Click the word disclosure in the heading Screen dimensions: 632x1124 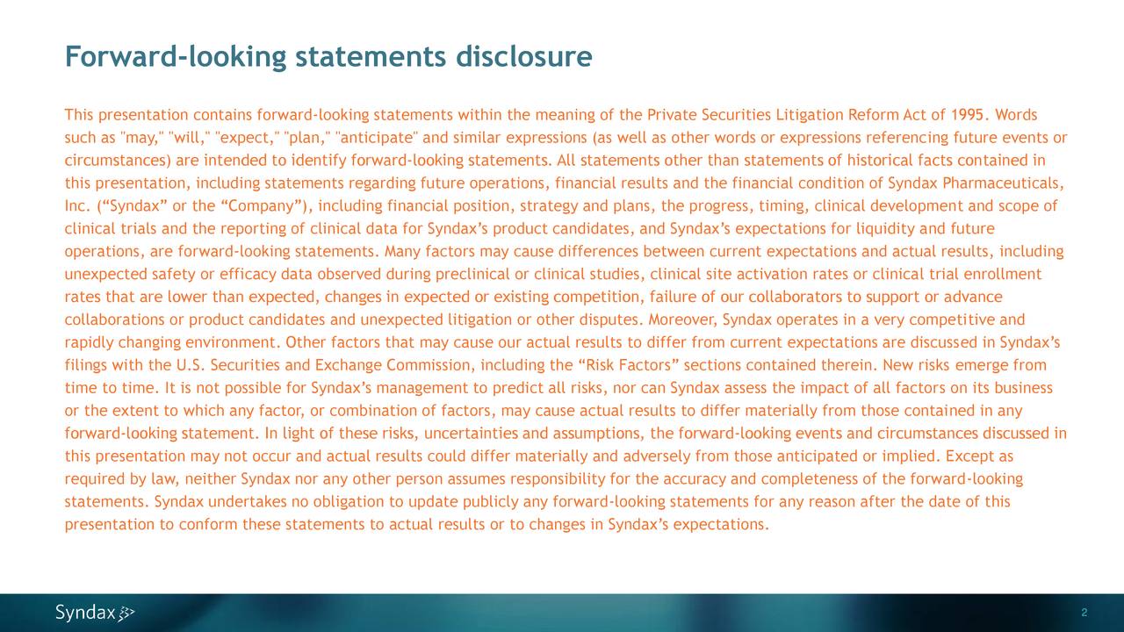pyautogui.click(x=524, y=57)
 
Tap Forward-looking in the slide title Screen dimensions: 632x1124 pyautogui.click(x=176, y=58)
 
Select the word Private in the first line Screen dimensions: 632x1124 pyautogui.click(x=672, y=116)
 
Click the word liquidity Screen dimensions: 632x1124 pyautogui.click(x=890, y=230)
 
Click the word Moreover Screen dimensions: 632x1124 pyautogui.click(x=682, y=320)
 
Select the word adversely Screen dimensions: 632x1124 pyautogui.click(x=659, y=457)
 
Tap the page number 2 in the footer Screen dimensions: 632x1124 pyautogui.click(x=1085, y=613)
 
